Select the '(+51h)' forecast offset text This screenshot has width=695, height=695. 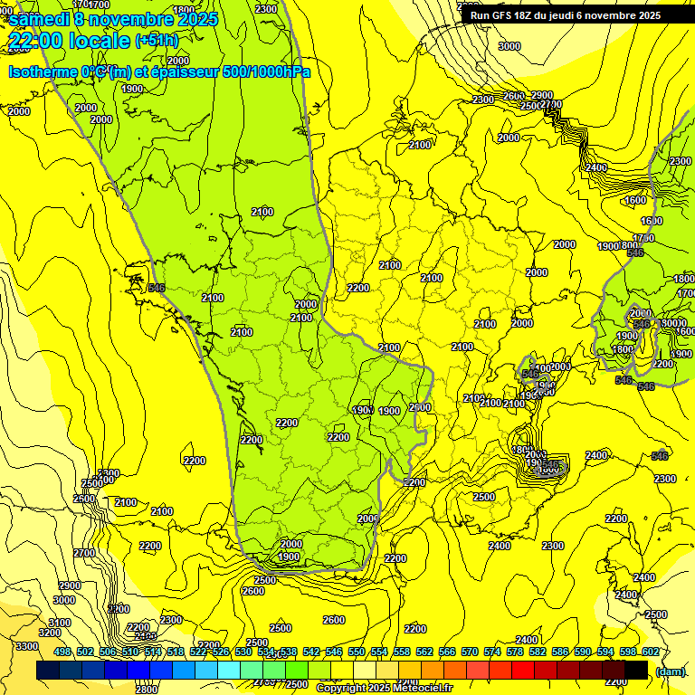coord(156,41)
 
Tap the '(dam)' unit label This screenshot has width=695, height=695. coord(670,671)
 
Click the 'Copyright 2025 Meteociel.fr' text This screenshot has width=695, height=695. coord(384,688)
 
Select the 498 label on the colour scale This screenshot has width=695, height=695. coord(62,652)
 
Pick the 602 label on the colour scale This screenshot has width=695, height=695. coord(650,652)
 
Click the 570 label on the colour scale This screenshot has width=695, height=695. coord(469,652)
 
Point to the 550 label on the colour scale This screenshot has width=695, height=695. coord(356,652)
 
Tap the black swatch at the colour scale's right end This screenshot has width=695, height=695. coord(636,670)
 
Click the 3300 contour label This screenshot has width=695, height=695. coord(27,646)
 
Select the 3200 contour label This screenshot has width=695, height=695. coord(51,633)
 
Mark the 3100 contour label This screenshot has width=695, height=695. coord(60,623)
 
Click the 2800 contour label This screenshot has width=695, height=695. coord(146,690)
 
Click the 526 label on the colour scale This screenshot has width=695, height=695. coord(220,652)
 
